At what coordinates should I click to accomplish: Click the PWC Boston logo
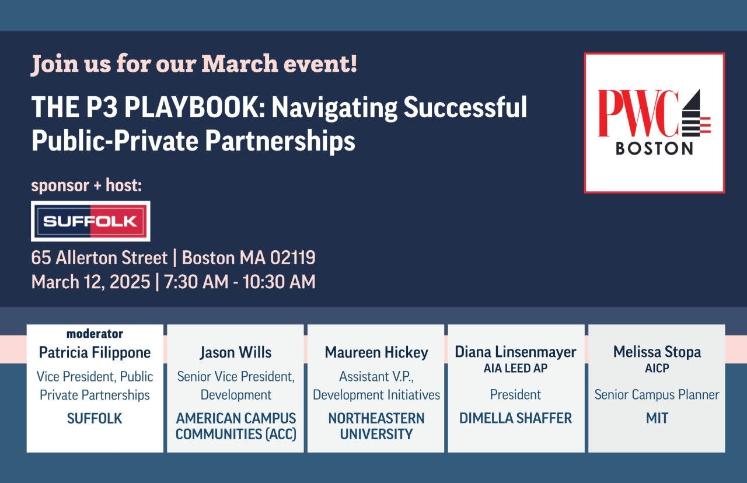(x=654, y=123)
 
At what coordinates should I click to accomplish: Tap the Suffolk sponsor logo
(x=90, y=221)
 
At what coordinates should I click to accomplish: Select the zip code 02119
(x=292, y=258)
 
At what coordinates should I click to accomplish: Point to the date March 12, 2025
(x=90, y=282)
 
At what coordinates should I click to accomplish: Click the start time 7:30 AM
(x=196, y=282)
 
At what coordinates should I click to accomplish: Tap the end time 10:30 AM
(x=279, y=282)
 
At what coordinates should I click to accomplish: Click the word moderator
(x=95, y=334)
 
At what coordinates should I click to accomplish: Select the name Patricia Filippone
(x=95, y=352)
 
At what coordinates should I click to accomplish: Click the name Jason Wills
(x=236, y=352)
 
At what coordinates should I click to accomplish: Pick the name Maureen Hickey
(x=376, y=352)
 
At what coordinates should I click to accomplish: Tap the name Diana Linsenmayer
(x=515, y=352)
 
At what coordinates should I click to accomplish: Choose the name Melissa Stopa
(x=657, y=352)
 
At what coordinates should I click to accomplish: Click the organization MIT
(x=657, y=418)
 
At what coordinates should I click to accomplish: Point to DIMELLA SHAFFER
(x=515, y=418)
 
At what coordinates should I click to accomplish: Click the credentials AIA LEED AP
(x=515, y=368)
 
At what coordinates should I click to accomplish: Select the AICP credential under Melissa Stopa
(x=657, y=368)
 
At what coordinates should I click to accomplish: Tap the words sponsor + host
(x=86, y=185)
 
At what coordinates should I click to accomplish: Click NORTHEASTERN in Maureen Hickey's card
(x=376, y=418)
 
